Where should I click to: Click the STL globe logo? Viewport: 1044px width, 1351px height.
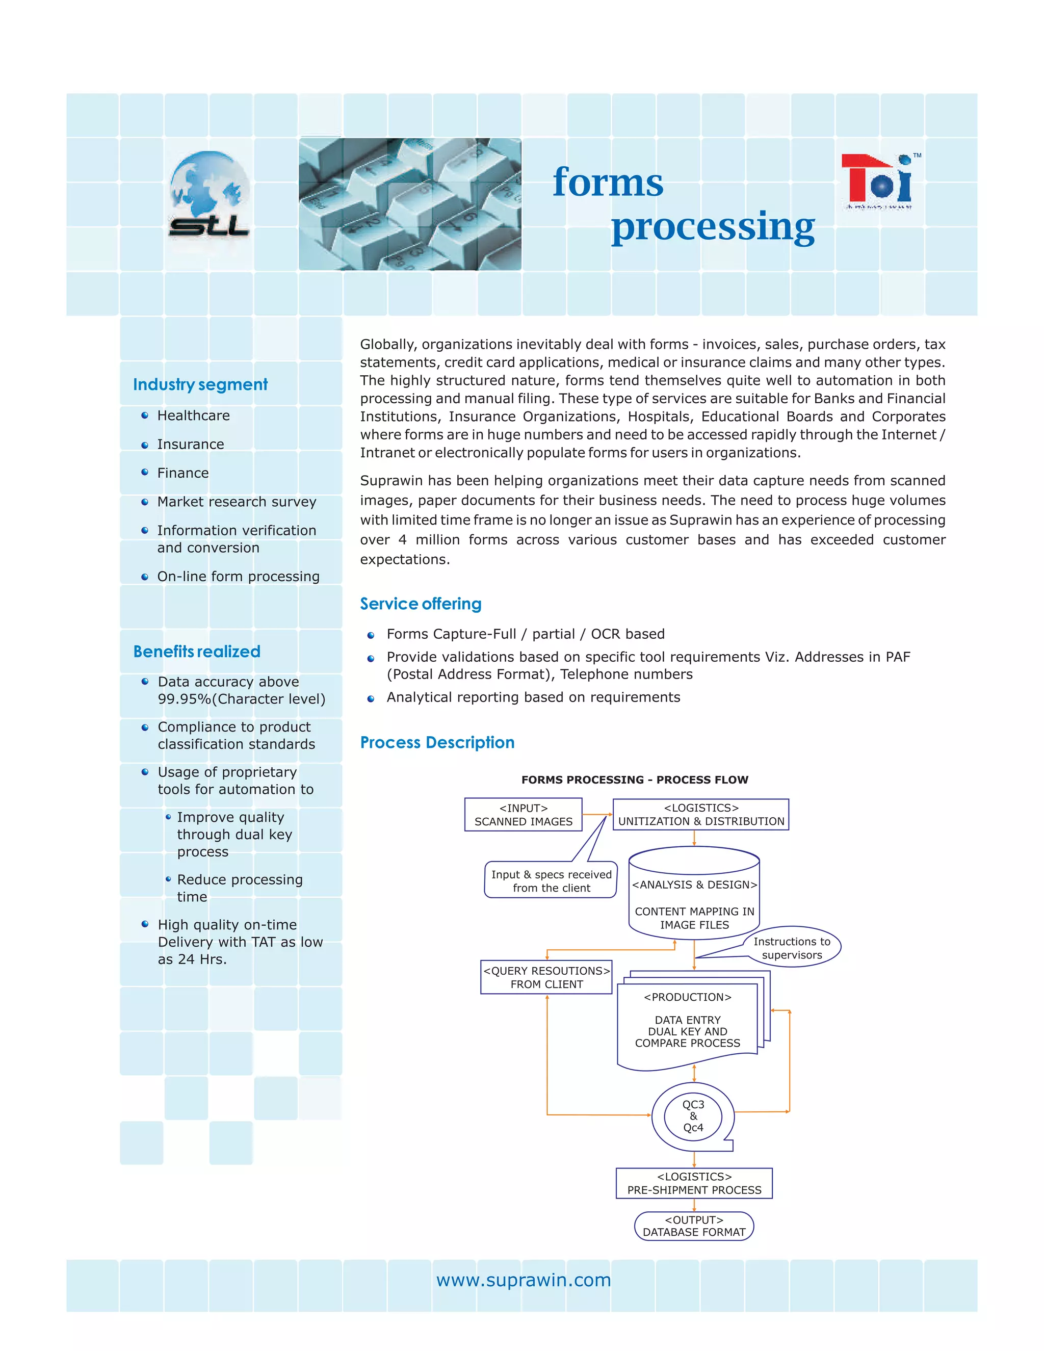(x=209, y=194)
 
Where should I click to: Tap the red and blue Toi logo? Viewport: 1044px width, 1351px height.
(x=878, y=182)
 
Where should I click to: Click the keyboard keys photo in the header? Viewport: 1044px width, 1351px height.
(x=409, y=203)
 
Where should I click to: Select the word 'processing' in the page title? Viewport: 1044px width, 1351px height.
(x=713, y=226)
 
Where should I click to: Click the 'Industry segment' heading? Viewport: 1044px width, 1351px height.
(x=200, y=385)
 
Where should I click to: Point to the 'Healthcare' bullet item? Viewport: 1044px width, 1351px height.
(x=193, y=415)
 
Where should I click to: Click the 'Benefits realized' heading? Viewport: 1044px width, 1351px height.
(x=197, y=652)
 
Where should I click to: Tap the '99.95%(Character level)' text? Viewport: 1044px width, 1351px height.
(x=241, y=699)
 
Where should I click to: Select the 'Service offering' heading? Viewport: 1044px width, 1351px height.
(x=421, y=604)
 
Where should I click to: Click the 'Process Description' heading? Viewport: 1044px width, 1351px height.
(x=437, y=742)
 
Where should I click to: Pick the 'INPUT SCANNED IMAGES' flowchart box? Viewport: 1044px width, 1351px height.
(x=523, y=815)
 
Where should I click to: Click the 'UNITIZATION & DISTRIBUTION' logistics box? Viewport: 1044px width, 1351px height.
(x=701, y=815)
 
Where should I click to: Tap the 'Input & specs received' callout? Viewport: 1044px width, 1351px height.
(x=551, y=881)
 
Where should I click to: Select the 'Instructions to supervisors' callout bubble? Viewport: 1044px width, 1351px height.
(x=792, y=948)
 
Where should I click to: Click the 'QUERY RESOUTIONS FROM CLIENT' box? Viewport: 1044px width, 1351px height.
(x=546, y=977)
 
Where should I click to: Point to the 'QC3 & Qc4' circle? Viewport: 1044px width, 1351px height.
(x=693, y=1116)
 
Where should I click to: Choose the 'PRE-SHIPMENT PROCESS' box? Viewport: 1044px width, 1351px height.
(x=694, y=1183)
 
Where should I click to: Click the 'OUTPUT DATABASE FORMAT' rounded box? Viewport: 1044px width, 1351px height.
(x=694, y=1226)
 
